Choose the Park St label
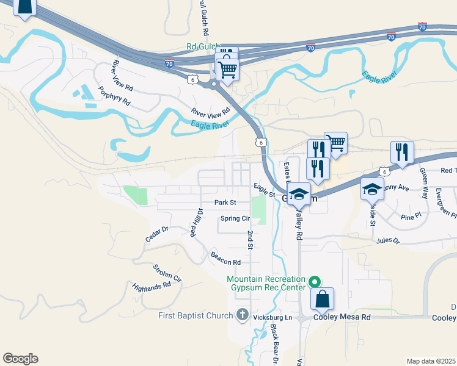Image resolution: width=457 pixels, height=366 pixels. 225,203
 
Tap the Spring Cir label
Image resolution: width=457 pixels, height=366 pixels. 235,218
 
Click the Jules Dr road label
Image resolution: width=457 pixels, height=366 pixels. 388,242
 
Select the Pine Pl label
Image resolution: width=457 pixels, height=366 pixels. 411,216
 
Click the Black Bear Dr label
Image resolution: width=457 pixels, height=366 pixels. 274,345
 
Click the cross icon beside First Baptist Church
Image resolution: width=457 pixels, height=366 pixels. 242,315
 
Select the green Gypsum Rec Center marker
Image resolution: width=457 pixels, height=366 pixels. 315,282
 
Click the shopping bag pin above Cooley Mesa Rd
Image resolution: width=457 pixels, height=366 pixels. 323,299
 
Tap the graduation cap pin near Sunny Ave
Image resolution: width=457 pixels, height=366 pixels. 372,189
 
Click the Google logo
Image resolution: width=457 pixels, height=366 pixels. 20,359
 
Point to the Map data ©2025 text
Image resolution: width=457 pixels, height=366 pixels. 431,361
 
